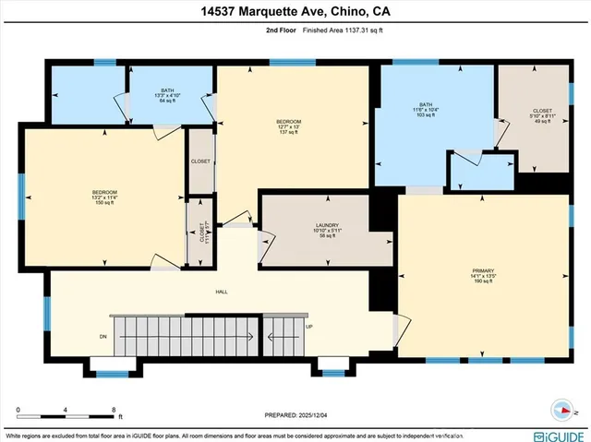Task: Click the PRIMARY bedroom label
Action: (x=478, y=276)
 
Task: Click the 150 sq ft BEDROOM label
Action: (x=103, y=197)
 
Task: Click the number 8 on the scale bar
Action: (x=113, y=409)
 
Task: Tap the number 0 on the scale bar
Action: (x=18, y=409)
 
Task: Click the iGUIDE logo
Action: (x=557, y=434)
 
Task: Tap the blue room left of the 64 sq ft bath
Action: (x=88, y=94)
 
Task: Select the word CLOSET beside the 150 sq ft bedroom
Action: (x=200, y=161)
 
